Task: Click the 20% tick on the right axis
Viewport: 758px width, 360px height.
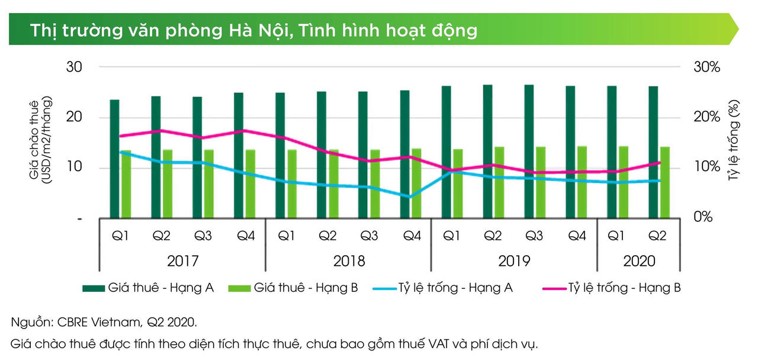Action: coord(706,117)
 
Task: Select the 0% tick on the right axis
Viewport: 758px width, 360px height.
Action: coord(703,217)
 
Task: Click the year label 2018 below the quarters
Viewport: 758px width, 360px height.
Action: coord(349,261)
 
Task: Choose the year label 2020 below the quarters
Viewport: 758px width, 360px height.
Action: coord(639,261)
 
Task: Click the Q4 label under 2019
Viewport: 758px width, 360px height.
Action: coord(577,236)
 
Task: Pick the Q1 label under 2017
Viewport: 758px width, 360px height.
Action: coord(120,236)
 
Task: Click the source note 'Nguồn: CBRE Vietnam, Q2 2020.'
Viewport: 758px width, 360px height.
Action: coord(104,323)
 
